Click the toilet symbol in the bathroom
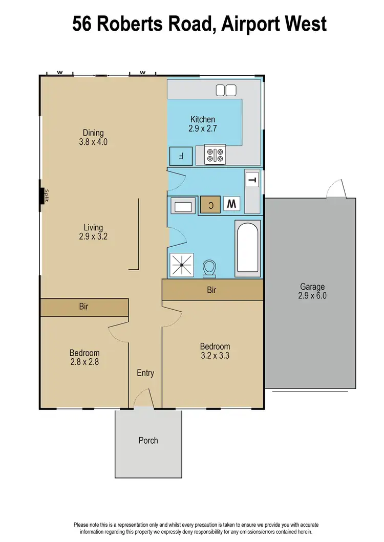point(209,267)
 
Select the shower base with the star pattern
point(183,265)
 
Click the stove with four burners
point(216,156)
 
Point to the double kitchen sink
point(226,91)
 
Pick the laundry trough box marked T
point(252,179)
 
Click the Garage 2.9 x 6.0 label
point(312,291)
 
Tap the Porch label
point(148,440)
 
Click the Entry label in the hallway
point(145,373)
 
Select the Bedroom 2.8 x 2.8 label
point(84,357)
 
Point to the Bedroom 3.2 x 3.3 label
point(215,351)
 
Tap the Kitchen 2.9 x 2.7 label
point(203,124)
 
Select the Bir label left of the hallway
point(84,307)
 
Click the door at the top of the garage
point(337,190)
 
